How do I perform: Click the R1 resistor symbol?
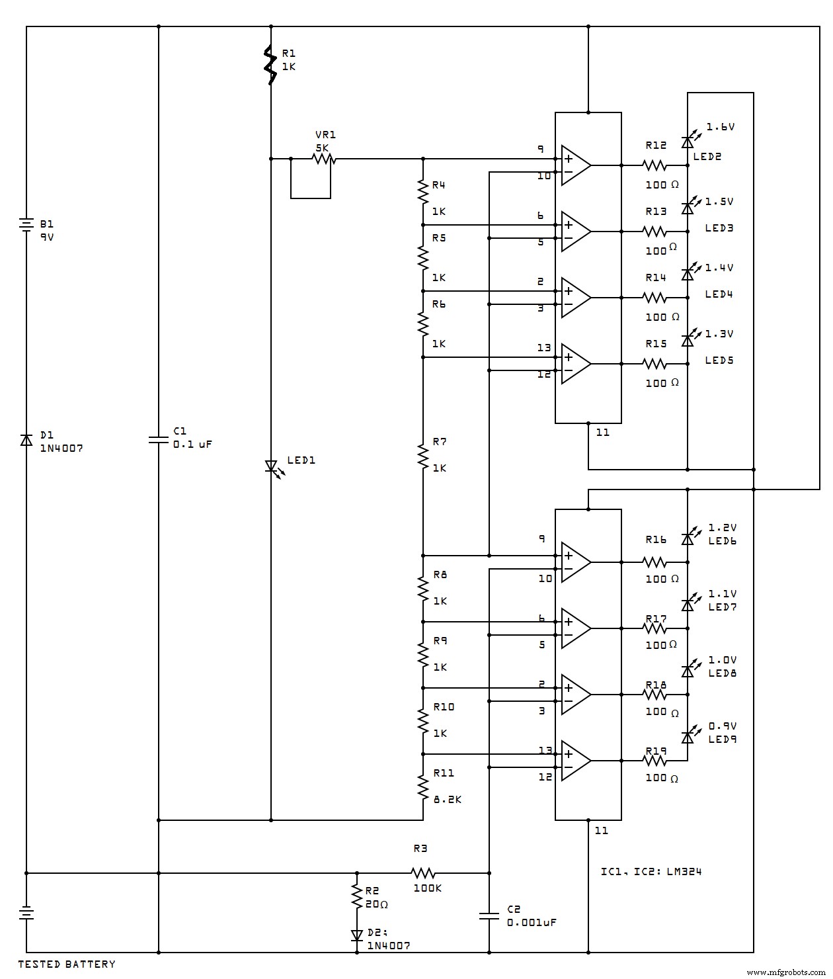coord(270,65)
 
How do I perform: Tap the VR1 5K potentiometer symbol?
coord(323,159)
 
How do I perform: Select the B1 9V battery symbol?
coord(26,225)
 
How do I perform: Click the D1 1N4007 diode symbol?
coord(26,440)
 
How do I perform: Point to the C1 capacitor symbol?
coord(159,440)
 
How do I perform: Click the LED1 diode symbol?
coord(271,467)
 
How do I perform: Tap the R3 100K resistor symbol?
coord(423,873)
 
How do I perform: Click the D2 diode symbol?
coord(357,935)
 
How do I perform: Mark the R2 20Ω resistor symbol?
coord(357,898)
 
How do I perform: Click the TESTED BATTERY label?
coord(66,964)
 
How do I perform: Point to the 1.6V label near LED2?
coord(721,127)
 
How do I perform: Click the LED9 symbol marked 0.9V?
coord(688,736)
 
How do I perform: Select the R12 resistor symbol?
coord(654,165)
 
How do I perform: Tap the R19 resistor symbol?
coord(654,761)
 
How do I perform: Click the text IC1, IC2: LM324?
coord(651,871)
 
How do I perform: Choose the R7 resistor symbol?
coord(423,455)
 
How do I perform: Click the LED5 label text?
coord(719,361)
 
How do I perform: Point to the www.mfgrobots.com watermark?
coord(786,972)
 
